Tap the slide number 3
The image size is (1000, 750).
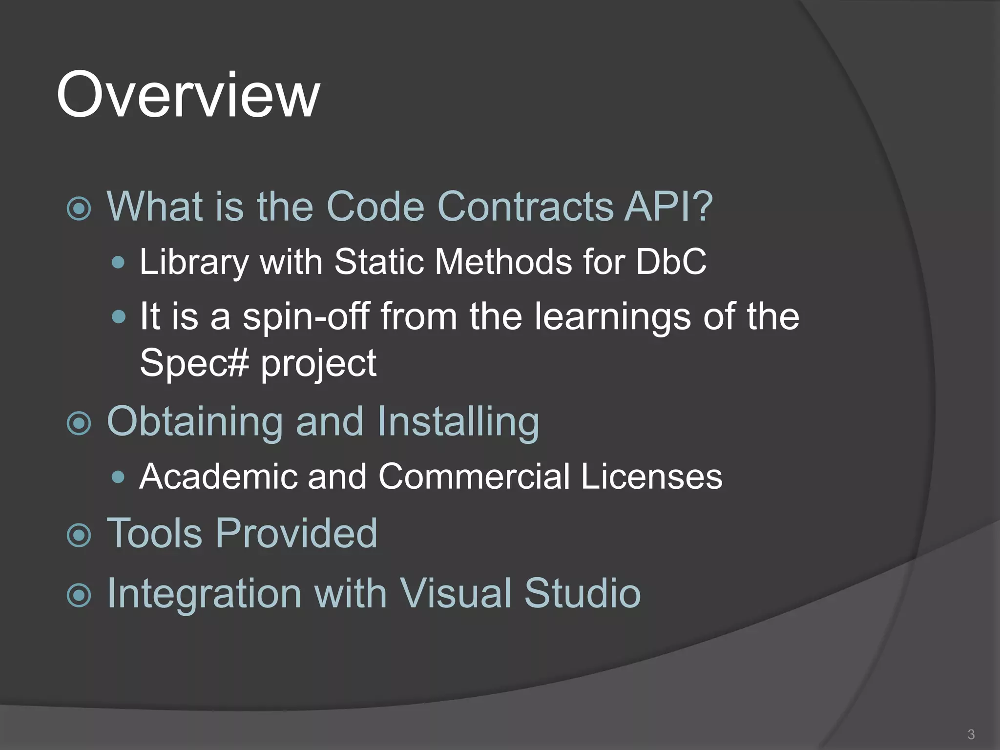971,734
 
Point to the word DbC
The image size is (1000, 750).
671,262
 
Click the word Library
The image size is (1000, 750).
194,263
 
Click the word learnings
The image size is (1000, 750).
612,317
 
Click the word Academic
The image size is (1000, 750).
218,476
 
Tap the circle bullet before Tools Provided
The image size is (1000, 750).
79,535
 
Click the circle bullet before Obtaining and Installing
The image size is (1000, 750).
79,423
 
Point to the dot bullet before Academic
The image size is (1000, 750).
118,477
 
